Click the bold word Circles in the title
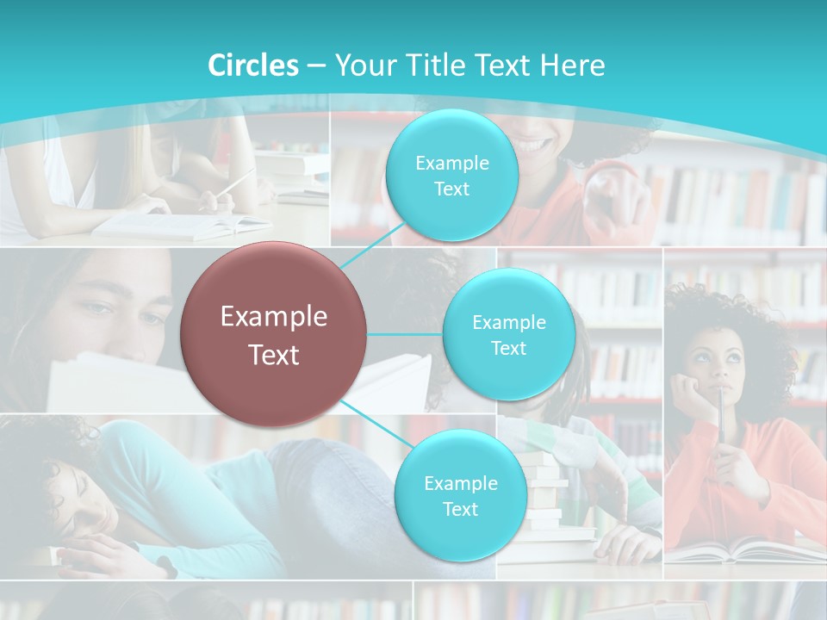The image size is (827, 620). [253, 65]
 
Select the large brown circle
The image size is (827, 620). [273, 334]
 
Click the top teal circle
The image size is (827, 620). [451, 176]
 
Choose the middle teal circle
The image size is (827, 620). [508, 334]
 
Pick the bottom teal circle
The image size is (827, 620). [460, 495]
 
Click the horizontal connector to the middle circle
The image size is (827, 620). [405, 334]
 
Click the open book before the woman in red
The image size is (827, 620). [741, 549]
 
